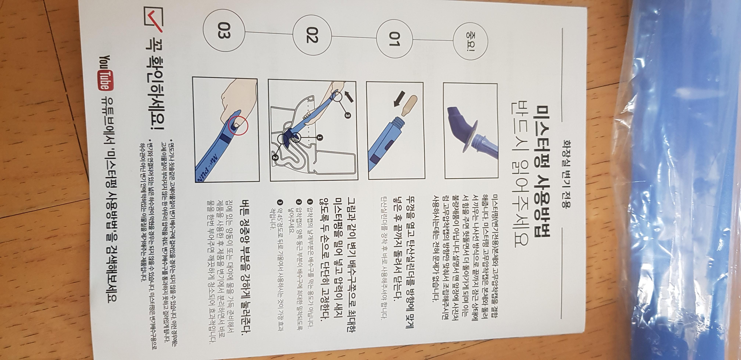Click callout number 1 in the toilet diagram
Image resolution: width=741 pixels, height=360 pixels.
pos(320,138)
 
